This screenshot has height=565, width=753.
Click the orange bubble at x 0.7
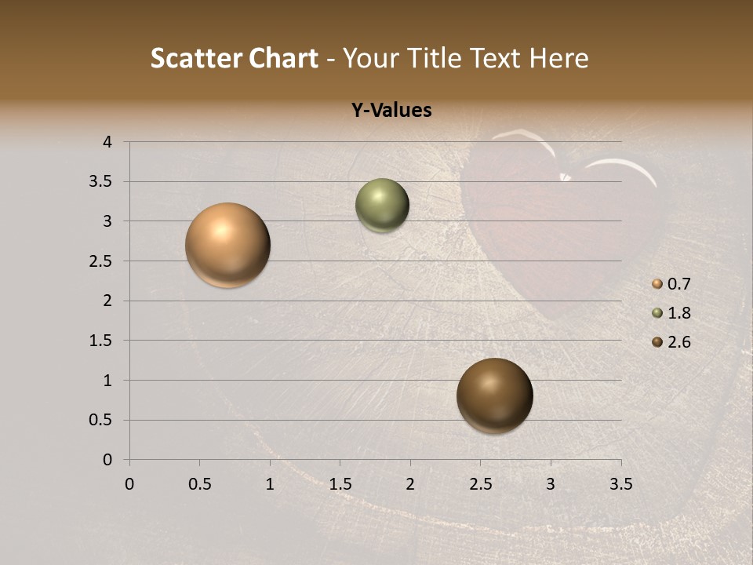(228, 245)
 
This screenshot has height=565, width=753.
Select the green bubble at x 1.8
(382, 206)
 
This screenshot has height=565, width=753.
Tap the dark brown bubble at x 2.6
(494, 395)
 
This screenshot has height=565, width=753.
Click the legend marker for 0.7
(657, 284)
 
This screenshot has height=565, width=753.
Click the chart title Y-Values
(391, 111)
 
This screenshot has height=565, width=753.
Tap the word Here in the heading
(558, 58)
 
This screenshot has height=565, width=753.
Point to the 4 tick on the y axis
(107, 142)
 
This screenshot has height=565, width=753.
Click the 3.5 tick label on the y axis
(102, 182)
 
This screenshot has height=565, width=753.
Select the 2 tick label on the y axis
(107, 301)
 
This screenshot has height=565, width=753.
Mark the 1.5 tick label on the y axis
(102, 341)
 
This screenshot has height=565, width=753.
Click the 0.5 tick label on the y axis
(102, 420)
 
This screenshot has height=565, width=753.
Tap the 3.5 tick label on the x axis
(620, 484)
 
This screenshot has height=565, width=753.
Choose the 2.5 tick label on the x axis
(480, 484)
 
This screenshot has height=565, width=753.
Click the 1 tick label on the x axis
(270, 484)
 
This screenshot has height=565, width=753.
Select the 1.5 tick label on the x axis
(340, 484)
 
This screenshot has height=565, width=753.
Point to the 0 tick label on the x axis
(129, 484)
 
